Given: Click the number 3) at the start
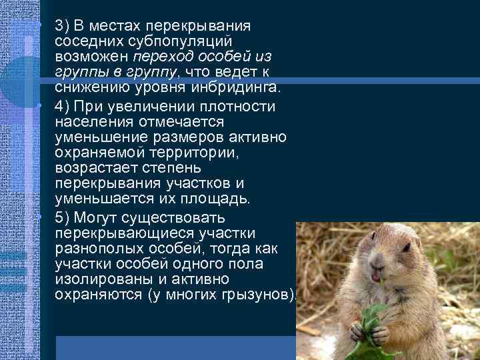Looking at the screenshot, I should coord(63,26).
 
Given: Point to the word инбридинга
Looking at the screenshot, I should coord(246,86).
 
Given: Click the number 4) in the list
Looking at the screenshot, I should coord(63,106).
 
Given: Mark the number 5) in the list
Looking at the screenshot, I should coord(63,218).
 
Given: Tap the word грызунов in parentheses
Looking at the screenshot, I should coord(255,294).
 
